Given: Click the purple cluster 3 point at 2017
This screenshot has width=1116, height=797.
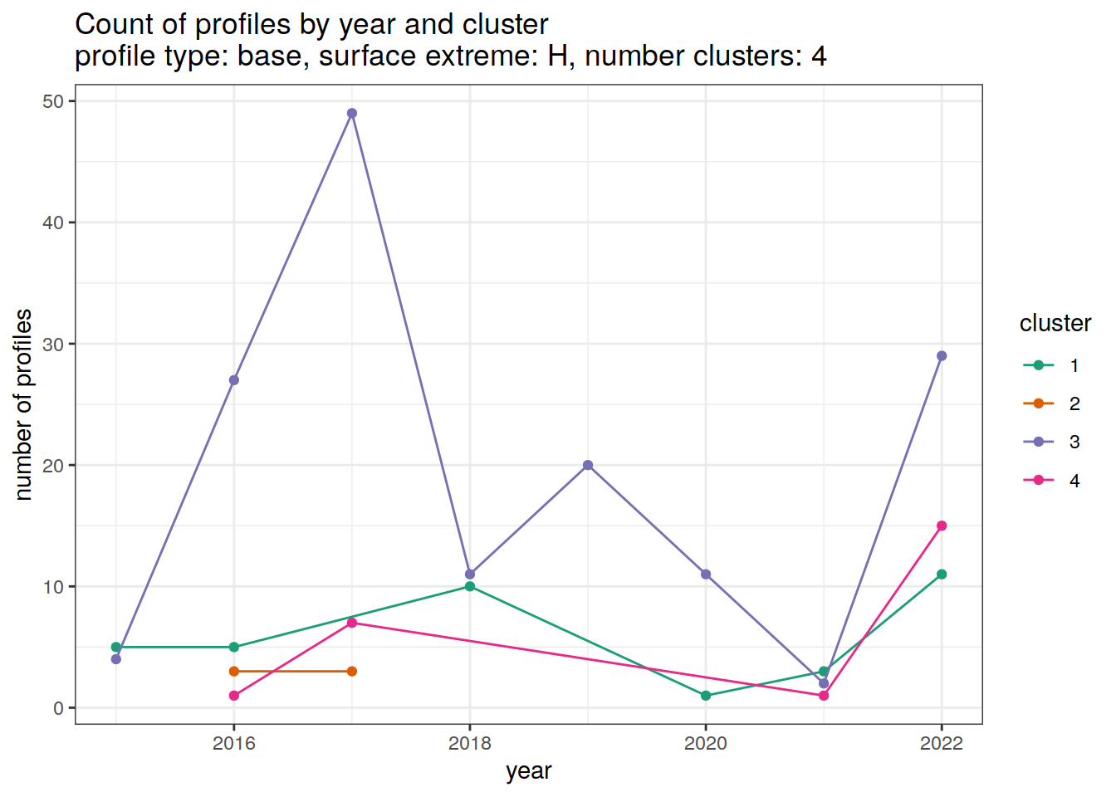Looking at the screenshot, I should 352,113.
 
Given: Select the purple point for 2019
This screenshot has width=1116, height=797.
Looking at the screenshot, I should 588,465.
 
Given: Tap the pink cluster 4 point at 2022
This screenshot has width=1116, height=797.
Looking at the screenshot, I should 942,526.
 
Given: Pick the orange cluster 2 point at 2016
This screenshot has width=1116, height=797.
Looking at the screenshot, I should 234,671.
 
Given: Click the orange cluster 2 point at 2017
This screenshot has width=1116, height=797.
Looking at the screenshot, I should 352,671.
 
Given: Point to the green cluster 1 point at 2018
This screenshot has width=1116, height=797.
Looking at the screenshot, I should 470,586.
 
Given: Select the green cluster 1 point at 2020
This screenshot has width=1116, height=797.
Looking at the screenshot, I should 706,696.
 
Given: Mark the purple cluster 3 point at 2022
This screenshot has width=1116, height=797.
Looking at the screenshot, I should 942,356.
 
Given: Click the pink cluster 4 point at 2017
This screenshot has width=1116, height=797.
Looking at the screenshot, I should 352,623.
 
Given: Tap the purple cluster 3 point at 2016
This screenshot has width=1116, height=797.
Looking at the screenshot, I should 234,380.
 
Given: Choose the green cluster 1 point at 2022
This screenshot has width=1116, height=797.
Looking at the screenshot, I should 942,575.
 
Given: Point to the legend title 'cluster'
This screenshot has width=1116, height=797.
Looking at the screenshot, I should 1055,323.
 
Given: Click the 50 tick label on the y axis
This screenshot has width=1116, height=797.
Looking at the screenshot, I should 53,101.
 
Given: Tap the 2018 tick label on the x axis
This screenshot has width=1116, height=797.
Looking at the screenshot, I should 470,743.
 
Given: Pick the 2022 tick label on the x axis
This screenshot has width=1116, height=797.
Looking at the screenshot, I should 942,743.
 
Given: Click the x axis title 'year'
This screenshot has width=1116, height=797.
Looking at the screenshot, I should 529,771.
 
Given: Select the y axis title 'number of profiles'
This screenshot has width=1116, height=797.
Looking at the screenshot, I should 24,404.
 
